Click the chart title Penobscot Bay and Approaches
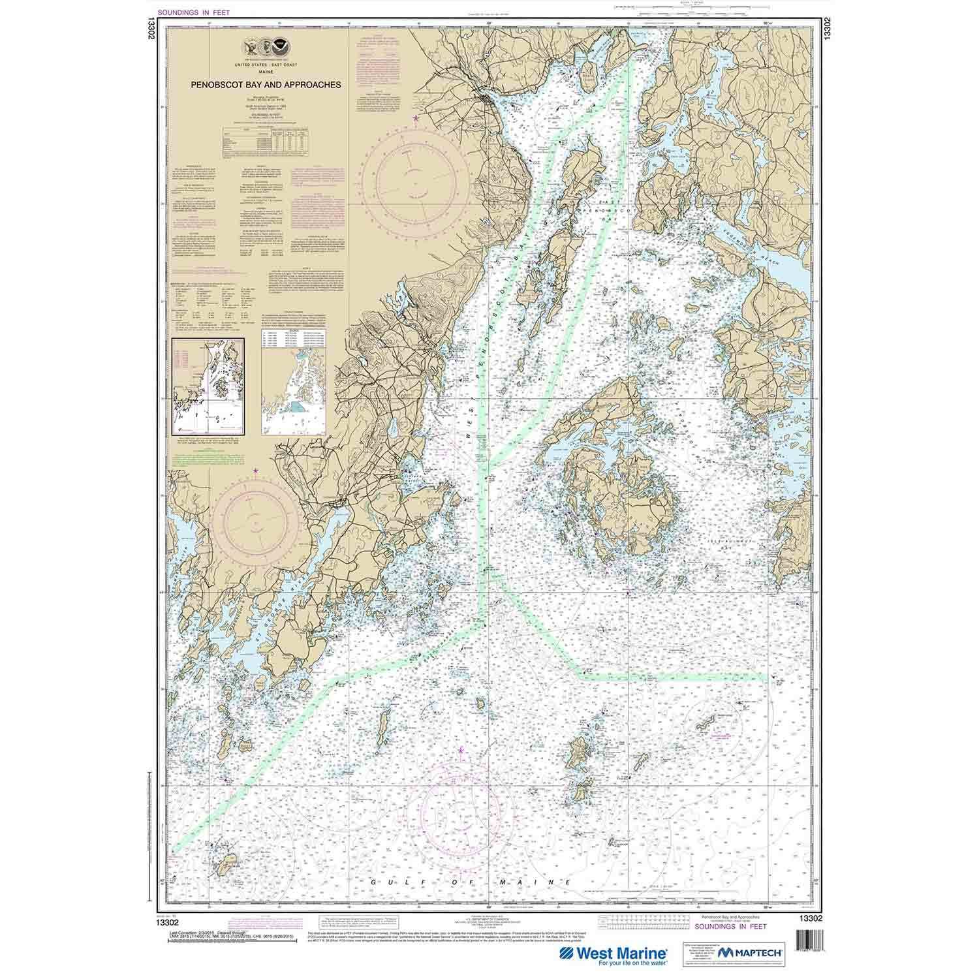coord(266,84)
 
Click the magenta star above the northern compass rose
coord(417,117)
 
